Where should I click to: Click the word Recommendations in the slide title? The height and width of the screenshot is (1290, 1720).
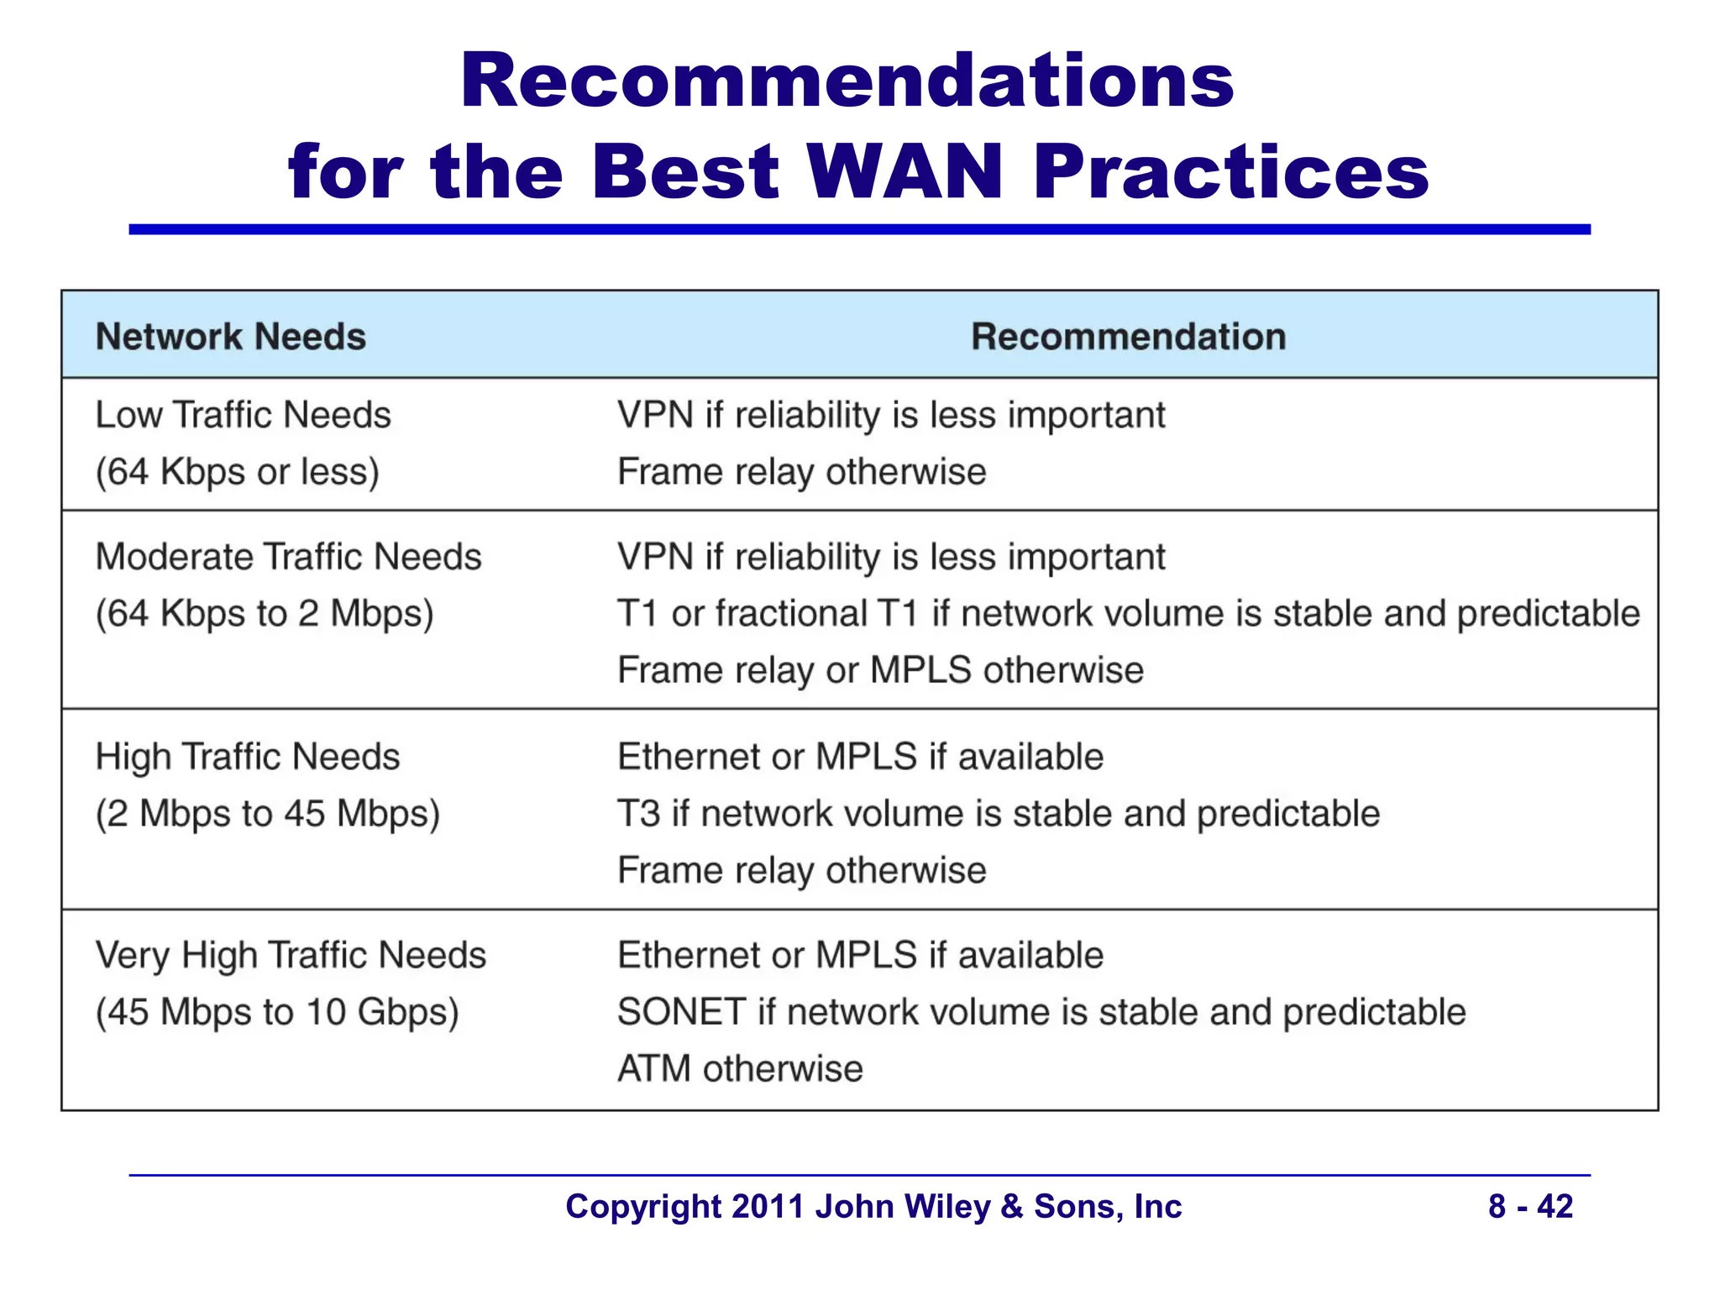click(847, 81)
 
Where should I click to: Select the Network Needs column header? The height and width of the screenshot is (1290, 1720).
click(231, 337)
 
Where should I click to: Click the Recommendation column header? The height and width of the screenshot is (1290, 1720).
click(1128, 337)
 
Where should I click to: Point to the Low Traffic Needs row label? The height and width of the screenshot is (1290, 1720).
click(244, 415)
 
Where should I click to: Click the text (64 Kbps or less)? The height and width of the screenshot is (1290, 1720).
click(238, 472)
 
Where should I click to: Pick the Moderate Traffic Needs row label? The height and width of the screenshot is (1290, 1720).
click(289, 557)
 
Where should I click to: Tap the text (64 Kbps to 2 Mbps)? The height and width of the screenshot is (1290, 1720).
click(265, 614)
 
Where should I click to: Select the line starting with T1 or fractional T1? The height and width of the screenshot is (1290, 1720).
click(1128, 614)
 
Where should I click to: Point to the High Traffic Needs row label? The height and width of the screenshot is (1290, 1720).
click(248, 757)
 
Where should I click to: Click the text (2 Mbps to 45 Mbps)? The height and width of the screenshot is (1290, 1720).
click(268, 814)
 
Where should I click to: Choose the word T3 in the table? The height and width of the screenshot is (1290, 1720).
click(638, 814)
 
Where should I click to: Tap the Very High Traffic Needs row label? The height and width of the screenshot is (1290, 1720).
click(291, 956)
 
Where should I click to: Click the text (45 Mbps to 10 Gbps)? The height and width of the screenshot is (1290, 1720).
click(277, 1012)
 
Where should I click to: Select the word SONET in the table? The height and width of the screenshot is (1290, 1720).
click(681, 1012)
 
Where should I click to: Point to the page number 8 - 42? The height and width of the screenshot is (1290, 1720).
click(1530, 1207)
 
